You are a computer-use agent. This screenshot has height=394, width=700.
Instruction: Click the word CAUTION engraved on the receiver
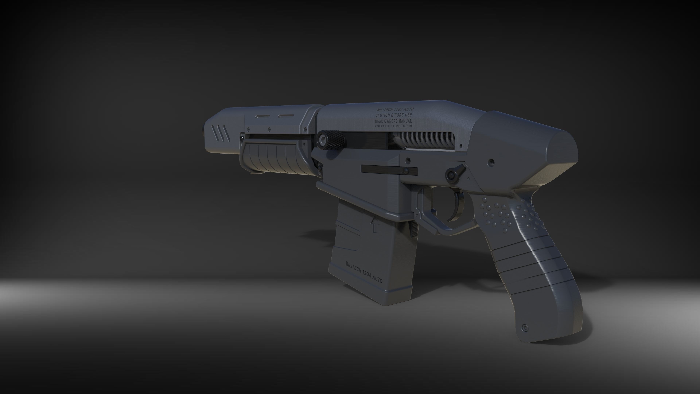click(383, 115)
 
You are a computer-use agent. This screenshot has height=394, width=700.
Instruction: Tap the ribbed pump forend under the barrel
click(275, 158)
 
